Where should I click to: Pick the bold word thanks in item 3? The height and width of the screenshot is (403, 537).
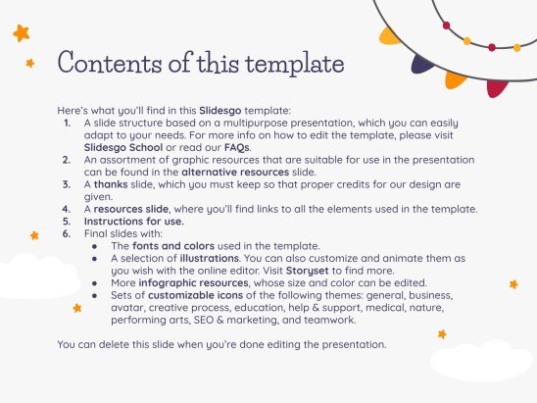[110, 182]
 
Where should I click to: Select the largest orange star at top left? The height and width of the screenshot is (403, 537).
[21, 34]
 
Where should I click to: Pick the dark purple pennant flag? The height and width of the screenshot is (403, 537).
[424, 65]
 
